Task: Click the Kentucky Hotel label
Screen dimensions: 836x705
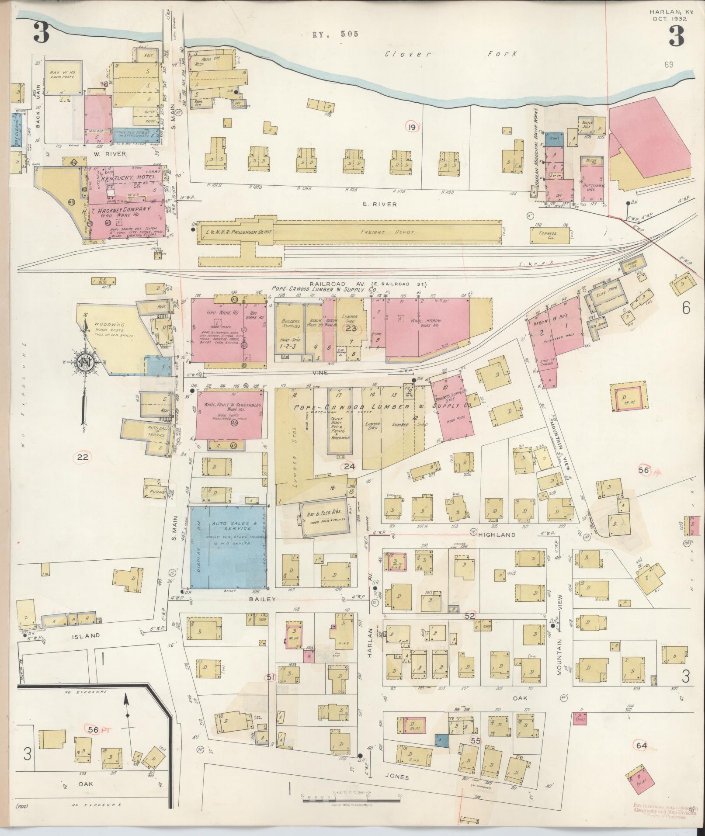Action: pyautogui.click(x=128, y=179)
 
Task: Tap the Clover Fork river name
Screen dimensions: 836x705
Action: pyautogui.click(x=450, y=54)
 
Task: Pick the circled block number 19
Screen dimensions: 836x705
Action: pyautogui.click(x=411, y=127)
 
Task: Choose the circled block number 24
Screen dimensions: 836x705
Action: pyautogui.click(x=349, y=466)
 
